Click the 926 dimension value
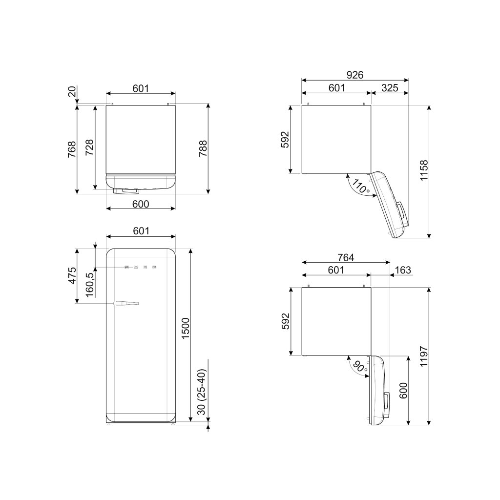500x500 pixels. pyautogui.click(x=355, y=75)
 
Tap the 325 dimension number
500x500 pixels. pyautogui.click(x=390, y=88)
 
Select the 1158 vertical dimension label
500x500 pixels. pyautogui.click(x=423, y=170)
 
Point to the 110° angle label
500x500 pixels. pyautogui.click(x=360, y=187)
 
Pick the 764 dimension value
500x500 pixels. pyautogui.click(x=346, y=257)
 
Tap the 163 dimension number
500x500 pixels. pyautogui.click(x=403, y=270)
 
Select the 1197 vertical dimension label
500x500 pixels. pyautogui.click(x=423, y=356)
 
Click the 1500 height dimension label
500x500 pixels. pyautogui.click(x=185, y=329)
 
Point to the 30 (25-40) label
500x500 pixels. pyautogui.click(x=202, y=392)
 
